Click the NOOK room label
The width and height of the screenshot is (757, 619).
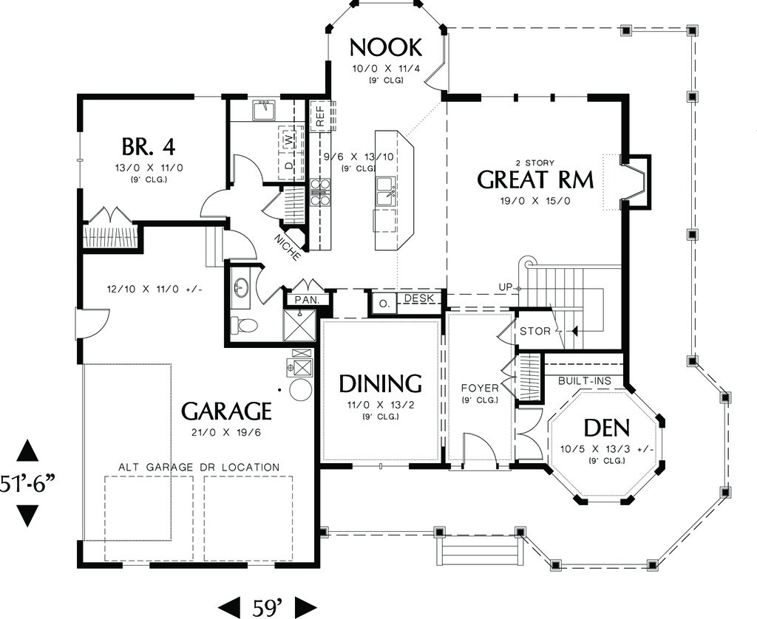click(385, 47)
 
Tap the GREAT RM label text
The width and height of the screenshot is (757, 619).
click(523, 179)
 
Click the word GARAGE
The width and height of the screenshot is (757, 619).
click(227, 411)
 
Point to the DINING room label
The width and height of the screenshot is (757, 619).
click(380, 383)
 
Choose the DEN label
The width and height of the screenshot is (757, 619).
click(606, 428)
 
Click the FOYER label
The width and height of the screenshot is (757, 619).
click(479, 388)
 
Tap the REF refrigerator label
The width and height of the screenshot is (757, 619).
click(320, 115)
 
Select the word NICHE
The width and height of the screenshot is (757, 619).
click(287, 247)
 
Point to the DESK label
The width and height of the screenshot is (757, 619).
click(419, 298)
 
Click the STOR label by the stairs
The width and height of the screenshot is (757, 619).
click(535, 331)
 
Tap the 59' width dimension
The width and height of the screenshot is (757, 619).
click(269, 608)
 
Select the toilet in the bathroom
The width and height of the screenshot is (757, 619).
click(245, 325)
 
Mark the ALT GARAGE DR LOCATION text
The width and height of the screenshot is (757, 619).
click(199, 467)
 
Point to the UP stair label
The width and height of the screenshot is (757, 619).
click(506, 286)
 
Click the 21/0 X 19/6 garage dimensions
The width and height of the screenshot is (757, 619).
click(226, 433)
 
